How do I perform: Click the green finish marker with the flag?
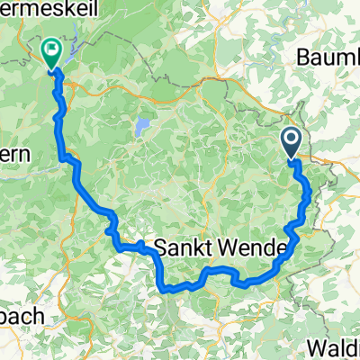pyautogui.click(x=50, y=52)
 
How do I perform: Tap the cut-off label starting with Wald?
pyautogui.click(x=334, y=347)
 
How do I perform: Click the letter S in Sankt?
pyautogui.click(x=162, y=246)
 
